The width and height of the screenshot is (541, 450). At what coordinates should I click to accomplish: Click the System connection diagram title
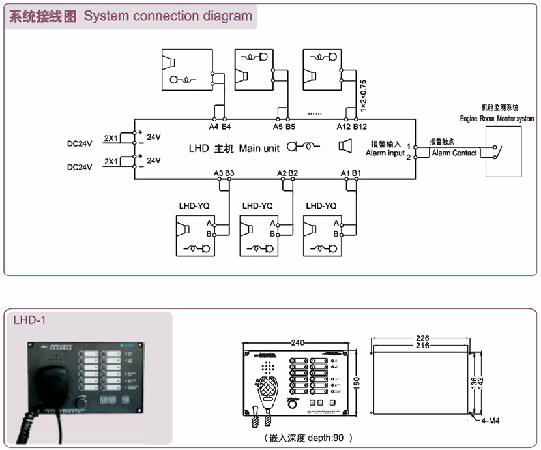[x=130, y=16]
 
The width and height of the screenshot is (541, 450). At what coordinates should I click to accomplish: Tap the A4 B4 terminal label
[x=219, y=127]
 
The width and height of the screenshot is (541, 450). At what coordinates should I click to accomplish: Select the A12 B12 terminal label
[x=352, y=127]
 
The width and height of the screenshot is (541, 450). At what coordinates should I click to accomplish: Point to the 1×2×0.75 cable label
[x=363, y=93]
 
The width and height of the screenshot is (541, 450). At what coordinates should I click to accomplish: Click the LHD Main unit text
[x=234, y=148]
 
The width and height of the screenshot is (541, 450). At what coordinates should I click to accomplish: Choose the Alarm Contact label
[x=454, y=153]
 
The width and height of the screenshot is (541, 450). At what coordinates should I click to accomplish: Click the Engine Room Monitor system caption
[x=497, y=119]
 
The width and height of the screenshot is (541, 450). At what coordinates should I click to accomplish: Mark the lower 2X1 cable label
[x=111, y=160]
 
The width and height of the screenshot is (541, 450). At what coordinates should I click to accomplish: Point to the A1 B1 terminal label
[x=351, y=173]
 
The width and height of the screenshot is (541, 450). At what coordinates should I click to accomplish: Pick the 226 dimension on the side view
[x=422, y=338]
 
